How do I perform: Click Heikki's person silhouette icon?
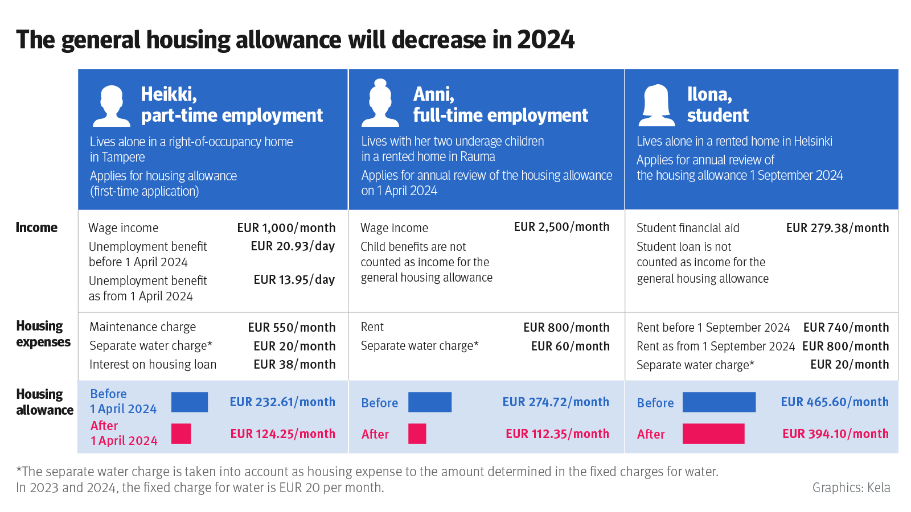(x=112, y=106)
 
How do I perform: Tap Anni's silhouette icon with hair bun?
(x=380, y=103)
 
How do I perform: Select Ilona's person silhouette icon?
(x=656, y=106)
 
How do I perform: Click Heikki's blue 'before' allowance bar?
(x=190, y=402)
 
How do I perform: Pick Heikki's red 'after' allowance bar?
(x=181, y=433)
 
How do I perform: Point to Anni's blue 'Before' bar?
(x=430, y=402)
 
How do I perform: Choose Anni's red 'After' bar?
(x=417, y=433)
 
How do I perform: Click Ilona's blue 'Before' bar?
(x=719, y=402)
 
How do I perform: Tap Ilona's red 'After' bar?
(x=713, y=433)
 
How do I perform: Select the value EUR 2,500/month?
(x=561, y=227)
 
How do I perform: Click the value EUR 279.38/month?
(x=838, y=228)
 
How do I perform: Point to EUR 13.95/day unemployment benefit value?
(x=294, y=279)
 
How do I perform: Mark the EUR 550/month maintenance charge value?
(x=292, y=328)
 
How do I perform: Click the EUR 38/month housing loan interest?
(x=294, y=365)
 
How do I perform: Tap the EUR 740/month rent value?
(x=846, y=328)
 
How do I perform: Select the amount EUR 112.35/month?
(x=557, y=434)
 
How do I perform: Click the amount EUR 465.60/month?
(x=835, y=402)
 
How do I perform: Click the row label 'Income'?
(x=36, y=228)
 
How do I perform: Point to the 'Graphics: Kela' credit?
(x=851, y=488)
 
